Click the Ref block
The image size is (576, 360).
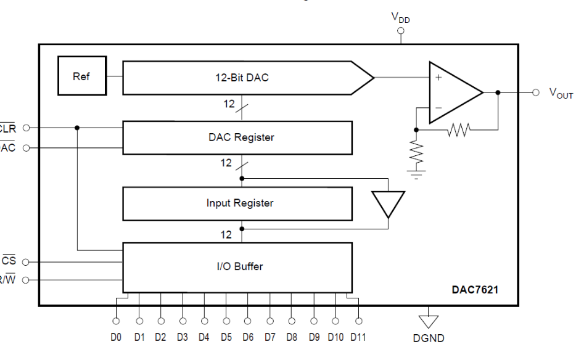click(x=81, y=76)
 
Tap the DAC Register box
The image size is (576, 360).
click(x=237, y=137)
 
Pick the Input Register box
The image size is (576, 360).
click(x=237, y=203)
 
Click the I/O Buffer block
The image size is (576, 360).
click(x=237, y=267)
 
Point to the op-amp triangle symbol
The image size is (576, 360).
click(x=453, y=92)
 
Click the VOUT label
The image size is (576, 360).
click(x=561, y=93)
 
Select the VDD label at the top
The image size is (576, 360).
click(x=401, y=18)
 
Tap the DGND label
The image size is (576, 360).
click(x=429, y=338)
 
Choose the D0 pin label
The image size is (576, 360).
click(x=116, y=337)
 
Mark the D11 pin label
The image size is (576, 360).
click(x=359, y=337)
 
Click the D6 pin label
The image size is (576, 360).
click(x=248, y=337)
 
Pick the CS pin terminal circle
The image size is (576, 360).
click(x=26, y=261)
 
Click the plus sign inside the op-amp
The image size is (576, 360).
click(x=438, y=78)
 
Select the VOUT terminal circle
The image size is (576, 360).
click(x=536, y=92)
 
